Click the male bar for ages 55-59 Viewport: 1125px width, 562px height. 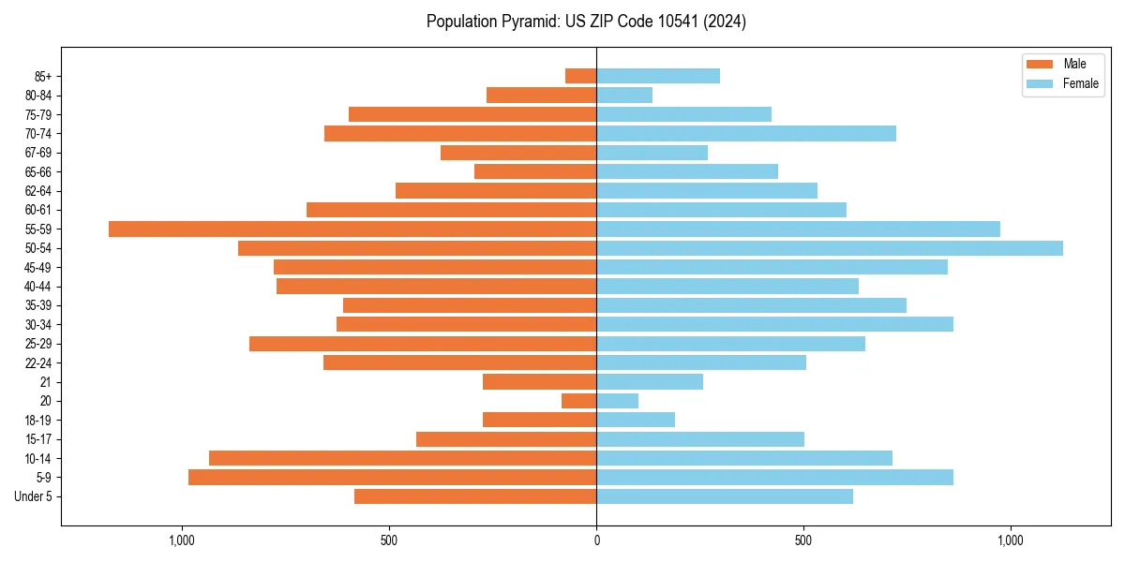(x=352, y=229)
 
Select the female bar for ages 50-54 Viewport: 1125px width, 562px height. (x=830, y=248)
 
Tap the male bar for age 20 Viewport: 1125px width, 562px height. (x=579, y=401)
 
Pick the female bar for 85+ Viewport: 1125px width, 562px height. (x=658, y=76)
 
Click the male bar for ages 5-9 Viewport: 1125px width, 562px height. (x=392, y=478)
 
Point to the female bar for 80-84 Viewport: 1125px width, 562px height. (x=624, y=95)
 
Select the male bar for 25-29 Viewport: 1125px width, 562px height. (x=423, y=344)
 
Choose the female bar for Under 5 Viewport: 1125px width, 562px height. (x=725, y=496)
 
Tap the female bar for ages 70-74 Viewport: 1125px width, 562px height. (x=746, y=133)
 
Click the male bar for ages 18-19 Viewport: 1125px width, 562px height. (x=539, y=420)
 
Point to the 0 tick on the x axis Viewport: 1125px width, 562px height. (x=596, y=540)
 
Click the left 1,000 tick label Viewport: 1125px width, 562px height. (x=181, y=540)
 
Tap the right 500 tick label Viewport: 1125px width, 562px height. (x=803, y=540)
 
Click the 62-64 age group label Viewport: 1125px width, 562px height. (x=38, y=191)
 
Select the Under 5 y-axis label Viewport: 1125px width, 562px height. (x=33, y=496)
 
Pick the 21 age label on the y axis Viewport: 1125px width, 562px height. (x=46, y=382)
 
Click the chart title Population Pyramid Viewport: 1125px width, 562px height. (x=586, y=22)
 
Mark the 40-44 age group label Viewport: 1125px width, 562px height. (x=38, y=287)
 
